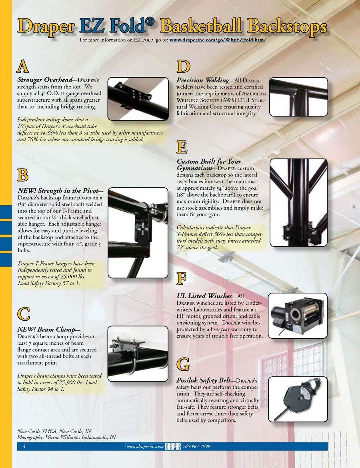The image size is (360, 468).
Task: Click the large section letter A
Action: (23, 66)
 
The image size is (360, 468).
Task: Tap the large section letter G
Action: (183, 364)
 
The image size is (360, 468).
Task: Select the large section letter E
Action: (182, 147)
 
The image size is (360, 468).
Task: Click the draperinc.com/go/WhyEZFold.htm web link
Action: (218, 40)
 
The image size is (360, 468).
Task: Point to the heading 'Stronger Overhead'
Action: (45, 80)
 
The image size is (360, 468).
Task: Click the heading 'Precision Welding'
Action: (203, 80)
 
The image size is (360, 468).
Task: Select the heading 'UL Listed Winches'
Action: (204, 296)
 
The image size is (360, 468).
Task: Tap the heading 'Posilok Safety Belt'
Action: (204, 380)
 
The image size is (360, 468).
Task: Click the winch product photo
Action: (298, 315)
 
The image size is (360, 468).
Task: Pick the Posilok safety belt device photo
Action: (298, 399)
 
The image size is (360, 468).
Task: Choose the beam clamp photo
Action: (138, 354)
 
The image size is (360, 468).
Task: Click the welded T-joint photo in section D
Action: (298, 97)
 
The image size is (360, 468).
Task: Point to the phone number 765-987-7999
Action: (196, 446)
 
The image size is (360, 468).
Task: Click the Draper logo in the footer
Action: (173, 446)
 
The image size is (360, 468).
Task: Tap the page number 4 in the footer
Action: (24, 446)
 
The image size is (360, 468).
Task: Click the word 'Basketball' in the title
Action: (201, 26)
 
